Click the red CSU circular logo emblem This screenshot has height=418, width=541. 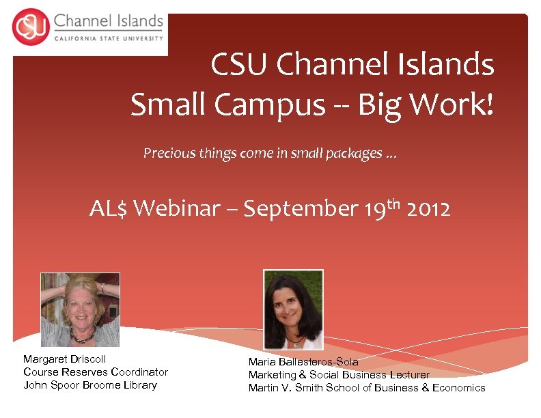pyautogui.click(x=29, y=27)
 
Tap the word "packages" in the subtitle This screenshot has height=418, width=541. pyautogui.click(x=354, y=154)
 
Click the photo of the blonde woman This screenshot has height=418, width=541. pyautogui.click(x=80, y=310)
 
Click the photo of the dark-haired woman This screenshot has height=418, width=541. pyautogui.click(x=293, y=309)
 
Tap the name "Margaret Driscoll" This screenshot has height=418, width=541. pyautogui.click(x=64, y=359)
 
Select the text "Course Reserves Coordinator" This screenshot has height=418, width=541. pyautogui.click(x=95, y=372)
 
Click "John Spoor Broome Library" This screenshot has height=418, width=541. pyautogui.click(x=89, y=385)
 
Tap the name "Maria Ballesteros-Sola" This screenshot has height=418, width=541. pyautogui.click(x=303, y=361)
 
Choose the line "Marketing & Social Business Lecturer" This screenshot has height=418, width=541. pyautogui.click(x=339, y=374)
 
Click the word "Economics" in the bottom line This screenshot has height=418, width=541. pyautogui.click(x=458, y=387)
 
